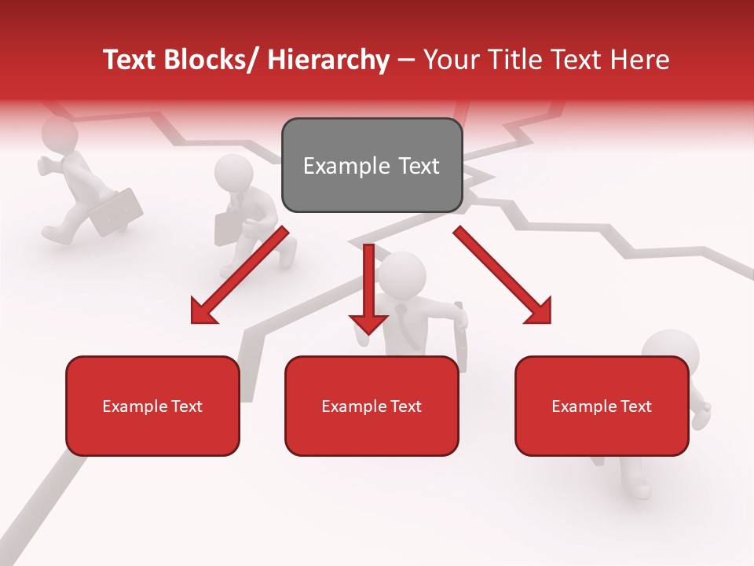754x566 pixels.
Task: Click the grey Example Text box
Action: pyautogui.click(x=372, y=165)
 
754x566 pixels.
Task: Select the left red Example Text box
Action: pyautogui.click(x=152, y=406)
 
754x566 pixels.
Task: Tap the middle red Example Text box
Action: pyautogui.click(x=372, y=406)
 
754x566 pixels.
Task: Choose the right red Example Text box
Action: pyautogui.click(x=602, y=406)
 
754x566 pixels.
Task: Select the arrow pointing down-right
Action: pyautogui.click(x=503, y=275)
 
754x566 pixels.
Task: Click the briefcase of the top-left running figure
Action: pyautogui.click(x=117, y=211)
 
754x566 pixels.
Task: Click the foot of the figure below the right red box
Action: pyautogui.click(x=639, y=487)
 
